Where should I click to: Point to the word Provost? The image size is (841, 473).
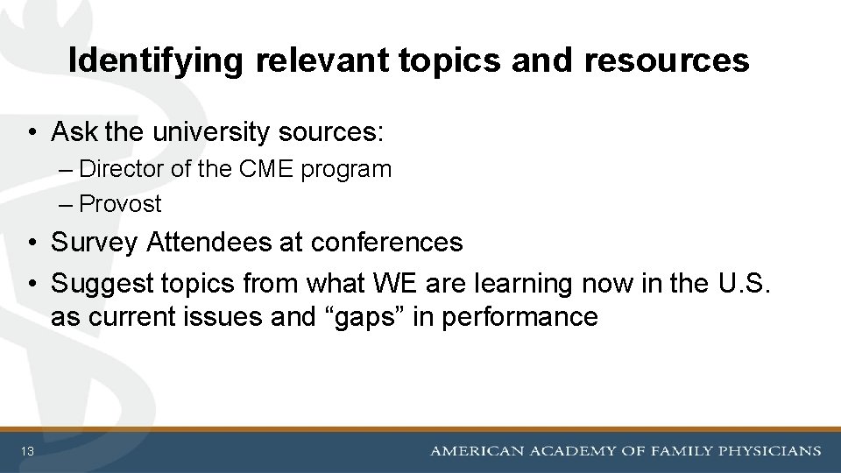(120, 204)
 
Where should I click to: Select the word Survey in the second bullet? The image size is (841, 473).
(95, 242)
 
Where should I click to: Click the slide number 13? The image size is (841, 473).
(28, 452)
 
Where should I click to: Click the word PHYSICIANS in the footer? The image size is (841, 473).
(768, 451)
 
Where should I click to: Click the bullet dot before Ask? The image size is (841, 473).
(32, 133)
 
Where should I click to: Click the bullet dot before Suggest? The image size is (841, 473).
(32, 284)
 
